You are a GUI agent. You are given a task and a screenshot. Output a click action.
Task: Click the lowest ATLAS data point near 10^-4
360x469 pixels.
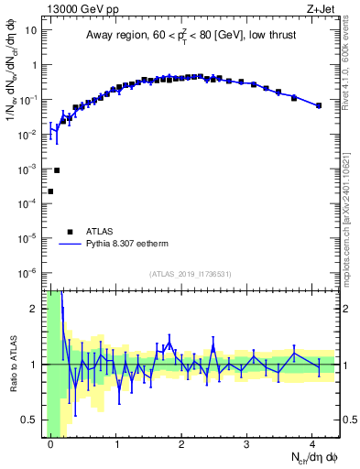pyautogui.click(x=50, y=191)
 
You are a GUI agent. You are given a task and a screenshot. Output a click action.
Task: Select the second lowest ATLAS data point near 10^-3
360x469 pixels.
pyautogui.click(x=57, y=170)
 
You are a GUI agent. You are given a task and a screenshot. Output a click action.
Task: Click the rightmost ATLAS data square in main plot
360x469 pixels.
pyautogui.click(x=319, y=105)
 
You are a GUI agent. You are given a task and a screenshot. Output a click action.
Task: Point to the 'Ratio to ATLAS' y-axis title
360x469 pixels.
pyautogui.click(x=12, y=364)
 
